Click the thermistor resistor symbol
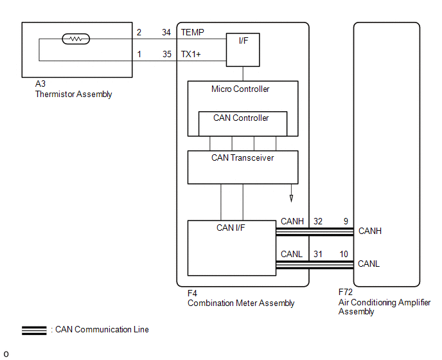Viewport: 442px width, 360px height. (x=76, y=39)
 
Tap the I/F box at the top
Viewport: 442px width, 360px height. (x=243, y=50)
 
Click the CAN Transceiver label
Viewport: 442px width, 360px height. (x=242, y=157)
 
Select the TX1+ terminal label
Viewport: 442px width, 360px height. (x=191, y=55)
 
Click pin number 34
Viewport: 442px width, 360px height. (x=166, y=32)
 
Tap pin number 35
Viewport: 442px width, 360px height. (x=166, y=55)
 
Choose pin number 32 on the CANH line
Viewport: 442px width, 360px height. (x=318, y=221)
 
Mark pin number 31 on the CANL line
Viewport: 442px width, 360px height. (x=318, y=254)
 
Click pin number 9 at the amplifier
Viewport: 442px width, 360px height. (x=346, y=221)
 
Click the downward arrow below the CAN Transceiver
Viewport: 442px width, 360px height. (x=291, y=198)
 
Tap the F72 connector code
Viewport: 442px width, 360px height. (x=346, y=292)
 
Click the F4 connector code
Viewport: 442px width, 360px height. (x=193, y=293)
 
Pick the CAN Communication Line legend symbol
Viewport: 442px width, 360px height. (x=34, y=330)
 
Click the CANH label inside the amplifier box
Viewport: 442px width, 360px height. (x=370, y=231)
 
